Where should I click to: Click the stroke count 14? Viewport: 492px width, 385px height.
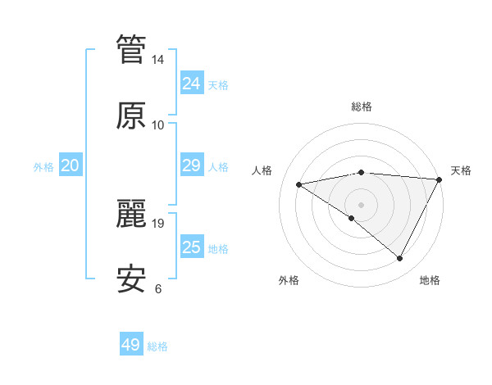pos(158,60)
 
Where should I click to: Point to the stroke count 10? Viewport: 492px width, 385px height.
pos(158,125)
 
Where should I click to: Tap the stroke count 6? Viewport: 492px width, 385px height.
pos(158,288)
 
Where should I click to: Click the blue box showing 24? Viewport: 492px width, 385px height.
pos(192,84)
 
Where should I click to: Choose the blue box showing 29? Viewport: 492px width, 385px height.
pos(192,165)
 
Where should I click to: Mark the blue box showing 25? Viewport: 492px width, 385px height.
pos(192,247)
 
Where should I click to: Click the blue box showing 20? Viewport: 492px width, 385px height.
pos(71,165)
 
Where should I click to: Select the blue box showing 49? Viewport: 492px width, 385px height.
pos(131,345)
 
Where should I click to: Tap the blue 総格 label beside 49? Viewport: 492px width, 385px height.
pos(157,346)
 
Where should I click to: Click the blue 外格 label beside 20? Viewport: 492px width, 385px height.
pos(43,167)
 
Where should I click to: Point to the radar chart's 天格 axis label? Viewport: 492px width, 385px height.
pos(461,170)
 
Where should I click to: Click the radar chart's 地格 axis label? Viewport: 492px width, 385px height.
pos(430,280)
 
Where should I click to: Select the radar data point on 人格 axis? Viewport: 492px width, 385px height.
pos(299,184)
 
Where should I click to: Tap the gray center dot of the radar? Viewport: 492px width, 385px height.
pos(362,204)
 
